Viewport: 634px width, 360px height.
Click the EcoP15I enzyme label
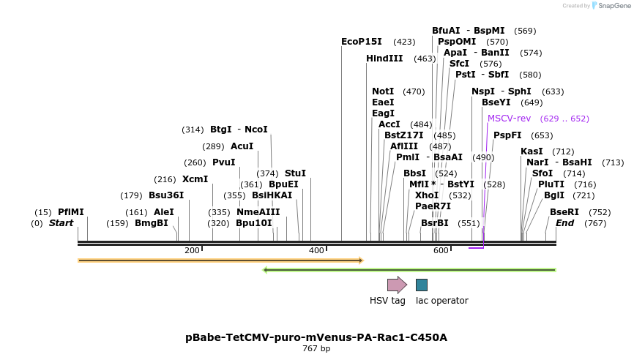pyautogui.click(x=361, y=42)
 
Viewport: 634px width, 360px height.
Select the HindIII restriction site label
pyautogui.click(x=384, y=59)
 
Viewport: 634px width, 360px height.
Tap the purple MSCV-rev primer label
pyautogui.click(x=509, y=119)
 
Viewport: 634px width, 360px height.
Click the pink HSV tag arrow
pyautogui.click(x=396, y=285)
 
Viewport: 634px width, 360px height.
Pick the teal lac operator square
pyautogui.click(x=422, y=285)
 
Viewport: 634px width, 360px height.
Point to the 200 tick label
pyautogui.click(x=192, y=251)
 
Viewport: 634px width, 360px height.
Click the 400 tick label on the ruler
pyautogui.click(x=316, y=251)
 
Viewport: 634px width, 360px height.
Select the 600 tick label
pyautogui.click(x=441, y=251)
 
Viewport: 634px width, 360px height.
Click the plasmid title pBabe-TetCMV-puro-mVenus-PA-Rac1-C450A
pyautogui.click(x=316, y=337)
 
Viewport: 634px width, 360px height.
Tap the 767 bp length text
pyautogui.click(x=316, y=349)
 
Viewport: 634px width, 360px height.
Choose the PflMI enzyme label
pyautogui.click(x=71, y=212)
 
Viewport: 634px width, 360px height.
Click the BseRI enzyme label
pyautogui.click(x=564, y=212)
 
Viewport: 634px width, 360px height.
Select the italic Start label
pyautogui.click(x=61, y=223)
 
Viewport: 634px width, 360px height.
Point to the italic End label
pyautogui.click(x=564, y=223)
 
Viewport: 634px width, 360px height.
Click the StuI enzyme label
pyautogui.click(x=295, y=173)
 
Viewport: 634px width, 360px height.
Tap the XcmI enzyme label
pyautogui.click(x=195, y=179)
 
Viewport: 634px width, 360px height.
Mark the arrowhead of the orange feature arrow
pyautogui.click(x=360, y=260)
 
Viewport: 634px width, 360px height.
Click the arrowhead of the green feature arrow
pyautogui.click(x=266, y=270)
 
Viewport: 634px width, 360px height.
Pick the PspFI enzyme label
pyautogui.click(x=507, y=135)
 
